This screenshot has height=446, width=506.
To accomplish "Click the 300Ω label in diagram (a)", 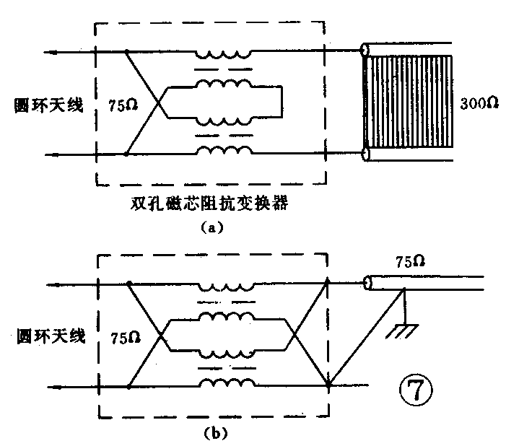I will click(479, 103).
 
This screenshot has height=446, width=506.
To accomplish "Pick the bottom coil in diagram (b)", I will click(225, 382).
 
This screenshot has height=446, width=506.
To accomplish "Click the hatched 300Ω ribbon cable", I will click(411, 103).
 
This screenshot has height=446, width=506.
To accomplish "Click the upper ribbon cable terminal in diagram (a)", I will click(365, 52).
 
